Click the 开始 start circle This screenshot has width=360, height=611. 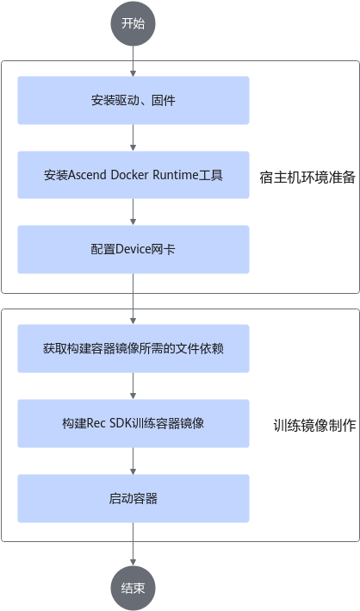pos(133,23)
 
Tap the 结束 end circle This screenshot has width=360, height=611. pos(133,588)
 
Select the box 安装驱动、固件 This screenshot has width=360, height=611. pos(133,100)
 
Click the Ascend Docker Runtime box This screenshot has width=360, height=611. pos(133,175)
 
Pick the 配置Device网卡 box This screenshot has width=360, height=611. pos(133,249)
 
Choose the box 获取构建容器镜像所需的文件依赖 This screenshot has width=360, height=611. pos(133,348)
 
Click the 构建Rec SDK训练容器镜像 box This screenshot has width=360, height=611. pos(133,423)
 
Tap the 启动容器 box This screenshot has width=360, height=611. pos(133,498)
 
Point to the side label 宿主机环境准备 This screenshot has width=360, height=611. pos(307,178)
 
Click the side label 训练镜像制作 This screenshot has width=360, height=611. pos(315,425)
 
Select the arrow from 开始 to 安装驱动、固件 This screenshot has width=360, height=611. pos(133,61)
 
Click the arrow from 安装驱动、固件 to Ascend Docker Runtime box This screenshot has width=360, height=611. pos(133,138)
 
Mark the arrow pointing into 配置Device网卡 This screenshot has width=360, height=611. pos(133,212)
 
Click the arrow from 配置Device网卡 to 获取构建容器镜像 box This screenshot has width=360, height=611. pos(133,299)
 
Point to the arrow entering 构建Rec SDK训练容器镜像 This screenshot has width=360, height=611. pos(133,386)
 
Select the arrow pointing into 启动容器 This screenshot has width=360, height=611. pos(133,461)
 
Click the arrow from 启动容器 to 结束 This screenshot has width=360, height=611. pos(133,545)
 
